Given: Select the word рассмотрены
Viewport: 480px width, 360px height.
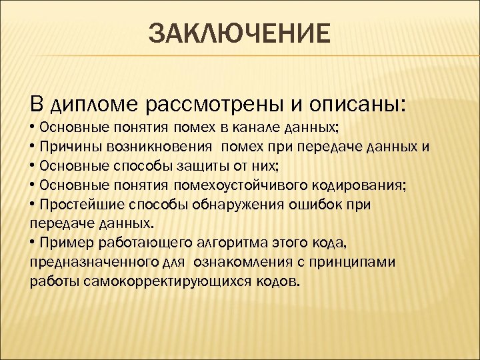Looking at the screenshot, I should (215, 105).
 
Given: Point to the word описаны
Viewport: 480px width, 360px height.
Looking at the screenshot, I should (358, 105).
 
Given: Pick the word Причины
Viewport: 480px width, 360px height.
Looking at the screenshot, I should (65, 146).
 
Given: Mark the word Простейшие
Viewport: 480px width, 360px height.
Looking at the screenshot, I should (75, 204).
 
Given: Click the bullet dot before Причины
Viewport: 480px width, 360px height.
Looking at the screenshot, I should (33, 146).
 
